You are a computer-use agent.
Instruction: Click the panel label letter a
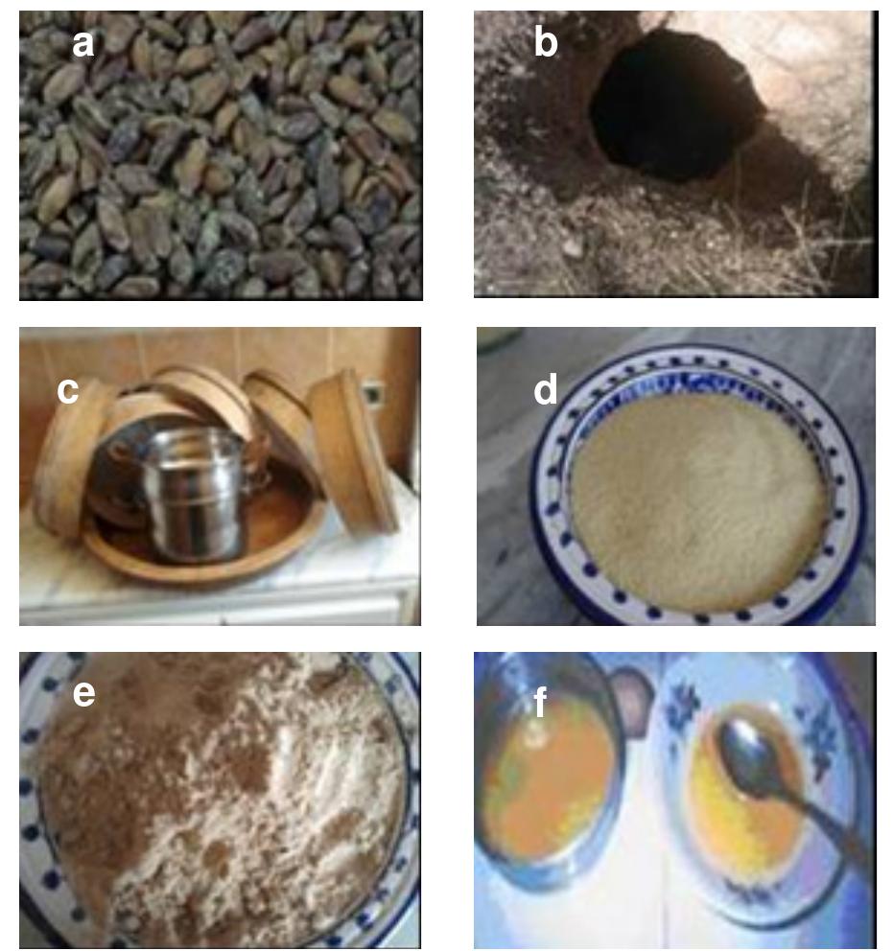coord(83,42)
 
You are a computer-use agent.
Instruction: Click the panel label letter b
coord(545,42)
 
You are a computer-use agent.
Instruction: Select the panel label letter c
coord(67,390)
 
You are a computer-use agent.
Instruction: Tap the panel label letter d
coord(545,390)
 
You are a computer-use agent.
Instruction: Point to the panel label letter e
coord(83,692)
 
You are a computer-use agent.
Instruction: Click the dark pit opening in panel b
coord(671,105)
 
